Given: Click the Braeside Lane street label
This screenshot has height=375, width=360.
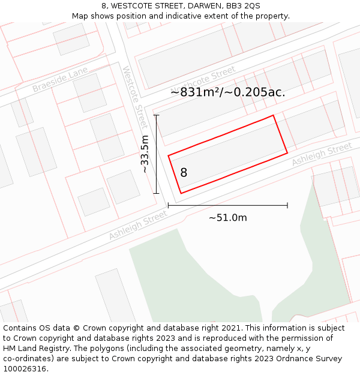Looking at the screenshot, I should tap(60, 80).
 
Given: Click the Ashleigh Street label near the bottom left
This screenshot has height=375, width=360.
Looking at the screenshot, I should tap(138, 226).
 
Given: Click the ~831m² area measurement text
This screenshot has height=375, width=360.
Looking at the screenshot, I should tap(227, 92).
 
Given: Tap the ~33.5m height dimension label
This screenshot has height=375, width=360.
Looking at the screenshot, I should tap(145, 154).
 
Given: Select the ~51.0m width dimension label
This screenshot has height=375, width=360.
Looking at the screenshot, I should tap(227, 217).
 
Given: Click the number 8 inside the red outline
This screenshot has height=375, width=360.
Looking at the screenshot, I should tap(184, 173).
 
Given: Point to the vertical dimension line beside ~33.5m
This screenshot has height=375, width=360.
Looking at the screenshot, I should tap(157, 154).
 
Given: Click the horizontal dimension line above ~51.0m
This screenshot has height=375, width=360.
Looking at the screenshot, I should tap(227, 205).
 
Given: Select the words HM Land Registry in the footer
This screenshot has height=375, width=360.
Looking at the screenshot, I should tap(34, 349).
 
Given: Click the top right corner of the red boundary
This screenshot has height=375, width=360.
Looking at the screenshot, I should tap(274, 115).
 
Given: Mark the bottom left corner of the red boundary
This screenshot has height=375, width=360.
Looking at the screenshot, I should tap(181, 193).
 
